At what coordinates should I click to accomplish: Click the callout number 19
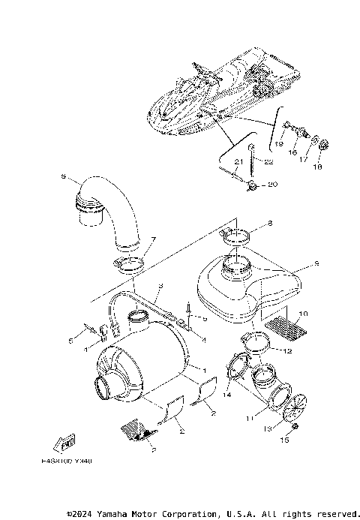(277, 143)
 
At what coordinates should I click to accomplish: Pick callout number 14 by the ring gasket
(227, 393)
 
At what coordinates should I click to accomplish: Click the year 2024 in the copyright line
(84, 513)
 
